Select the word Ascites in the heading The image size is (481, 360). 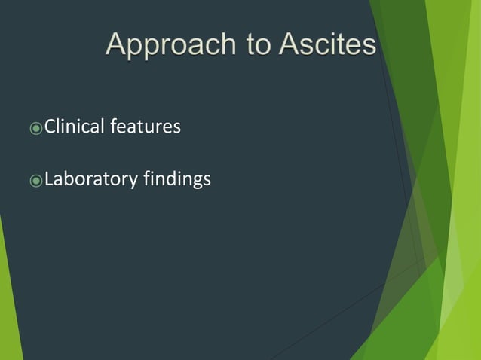coord(327,44)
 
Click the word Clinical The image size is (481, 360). coord(74,127)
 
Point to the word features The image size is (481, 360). coord(146,127)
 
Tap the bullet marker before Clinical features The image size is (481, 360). coord(35,128)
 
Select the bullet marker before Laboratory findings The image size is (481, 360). coord(35,182)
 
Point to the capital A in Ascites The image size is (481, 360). coord(290,44)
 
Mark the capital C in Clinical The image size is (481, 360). coord(51,127)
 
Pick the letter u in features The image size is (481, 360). coord(155,128)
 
